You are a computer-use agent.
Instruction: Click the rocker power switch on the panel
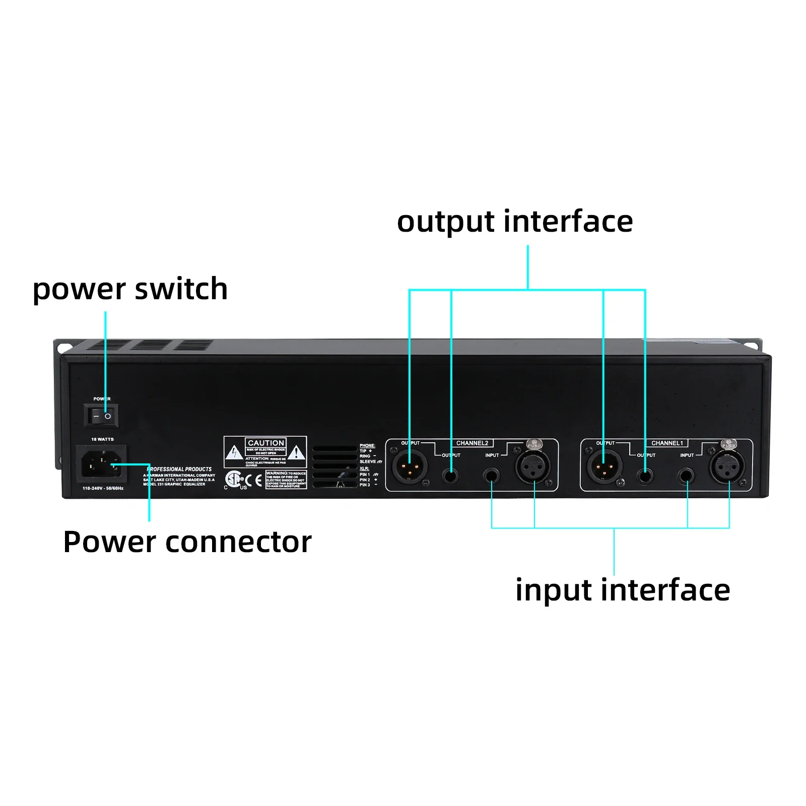tap(101, 416)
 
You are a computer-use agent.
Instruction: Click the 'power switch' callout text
tap(130, 289)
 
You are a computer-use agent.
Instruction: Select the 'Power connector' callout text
tap(187, 542)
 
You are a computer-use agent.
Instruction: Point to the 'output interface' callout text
tap(514, 221)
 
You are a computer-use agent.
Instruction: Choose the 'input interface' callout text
tap(622, 590)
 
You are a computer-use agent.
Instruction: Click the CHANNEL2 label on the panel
tap(472, 443)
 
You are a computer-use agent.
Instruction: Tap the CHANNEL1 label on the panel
tap(667, 443)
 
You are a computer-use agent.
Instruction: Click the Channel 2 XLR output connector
tap(409, 467)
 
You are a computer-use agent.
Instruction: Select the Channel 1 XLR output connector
tap(604, 467)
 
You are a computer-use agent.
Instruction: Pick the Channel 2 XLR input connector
tap(533, 467)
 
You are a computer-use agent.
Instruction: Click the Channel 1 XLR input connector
tap(727, 467)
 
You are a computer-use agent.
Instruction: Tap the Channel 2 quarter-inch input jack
tap(491, 475)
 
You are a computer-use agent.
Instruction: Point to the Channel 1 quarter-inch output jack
tap(644, 475)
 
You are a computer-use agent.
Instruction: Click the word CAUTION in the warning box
tap(266, 443)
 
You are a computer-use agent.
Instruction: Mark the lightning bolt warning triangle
tap(234, 452)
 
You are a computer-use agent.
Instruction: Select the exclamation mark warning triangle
tap(296, 452)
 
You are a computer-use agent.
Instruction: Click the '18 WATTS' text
tap(102, 439)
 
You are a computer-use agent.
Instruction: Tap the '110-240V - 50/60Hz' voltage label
tap(103, 488)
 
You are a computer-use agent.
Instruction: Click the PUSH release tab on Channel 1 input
tap(728, 444)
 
